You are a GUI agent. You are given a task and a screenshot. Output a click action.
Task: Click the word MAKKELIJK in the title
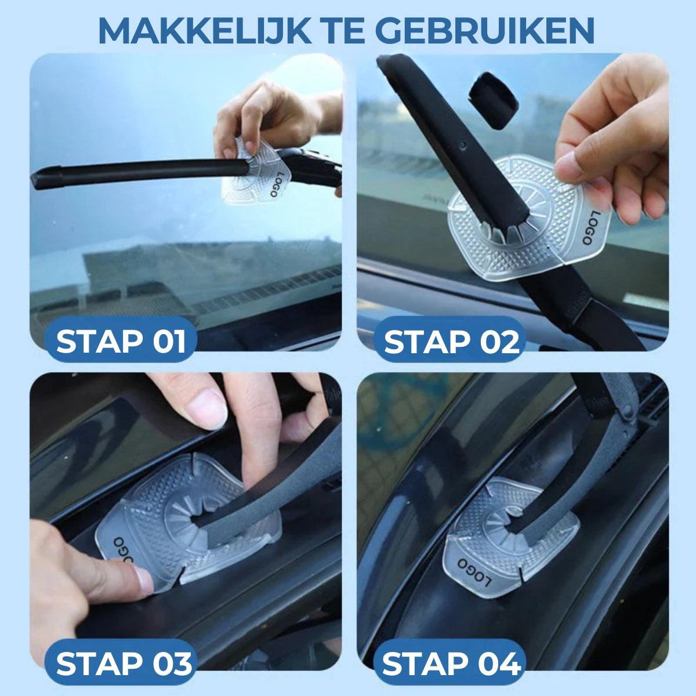coord(205,31)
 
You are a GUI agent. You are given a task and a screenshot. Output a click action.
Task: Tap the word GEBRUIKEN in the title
coord(487,31)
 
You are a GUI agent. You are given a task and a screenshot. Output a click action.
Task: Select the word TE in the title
coord(345,31)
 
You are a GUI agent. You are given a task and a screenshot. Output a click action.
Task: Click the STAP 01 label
coord(121,341)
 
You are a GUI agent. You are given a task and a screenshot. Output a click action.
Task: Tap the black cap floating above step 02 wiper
coord(494,100)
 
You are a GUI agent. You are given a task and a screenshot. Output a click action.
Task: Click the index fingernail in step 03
coord(206,409)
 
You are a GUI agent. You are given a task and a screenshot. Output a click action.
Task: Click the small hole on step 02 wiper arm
coord(463,145)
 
